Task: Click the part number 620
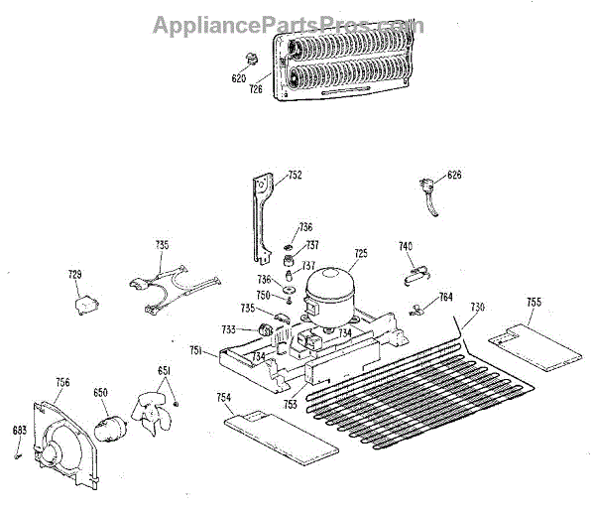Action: point(239,77)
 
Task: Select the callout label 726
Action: point(256,89)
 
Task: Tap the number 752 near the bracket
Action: point(295,176)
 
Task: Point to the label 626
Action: point(454,176)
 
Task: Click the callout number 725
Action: point(361,254)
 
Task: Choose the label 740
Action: point(406,245)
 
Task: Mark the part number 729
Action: point(74,275)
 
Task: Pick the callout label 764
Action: point(446,296)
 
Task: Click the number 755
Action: point(534,302)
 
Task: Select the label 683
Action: point(19,430)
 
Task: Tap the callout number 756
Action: point(61,381)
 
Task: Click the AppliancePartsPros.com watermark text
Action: point(288,25)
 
